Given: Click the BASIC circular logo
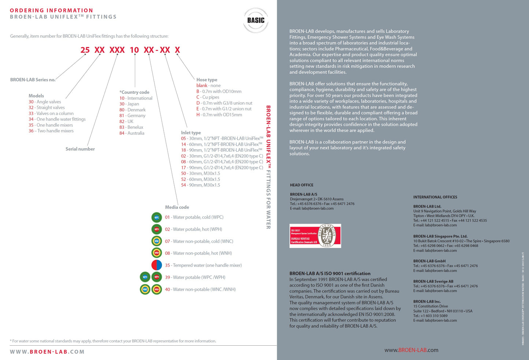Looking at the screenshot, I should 256,21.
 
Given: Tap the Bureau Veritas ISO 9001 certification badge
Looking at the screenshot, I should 315,236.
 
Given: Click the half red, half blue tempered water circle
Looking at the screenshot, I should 157,265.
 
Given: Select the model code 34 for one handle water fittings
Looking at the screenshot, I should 31,119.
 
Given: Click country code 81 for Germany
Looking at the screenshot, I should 122,115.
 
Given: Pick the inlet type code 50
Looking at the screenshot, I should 183,173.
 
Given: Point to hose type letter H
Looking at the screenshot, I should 198,115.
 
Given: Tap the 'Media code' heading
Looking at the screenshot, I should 177,207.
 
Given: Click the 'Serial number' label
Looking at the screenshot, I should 80,149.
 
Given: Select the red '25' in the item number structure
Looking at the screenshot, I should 85,50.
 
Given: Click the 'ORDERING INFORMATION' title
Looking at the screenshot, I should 52,10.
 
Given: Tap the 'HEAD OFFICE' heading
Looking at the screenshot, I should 302,185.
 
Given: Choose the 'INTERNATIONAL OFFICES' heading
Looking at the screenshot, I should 435,197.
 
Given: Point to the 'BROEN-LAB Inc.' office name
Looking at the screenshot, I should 427,301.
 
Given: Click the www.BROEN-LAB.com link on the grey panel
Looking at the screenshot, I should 411,350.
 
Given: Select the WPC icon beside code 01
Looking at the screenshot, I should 157,217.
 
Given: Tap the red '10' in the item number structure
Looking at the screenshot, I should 134,50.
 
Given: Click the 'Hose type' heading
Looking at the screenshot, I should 206,79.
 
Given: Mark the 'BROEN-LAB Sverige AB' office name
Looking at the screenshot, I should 433,281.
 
